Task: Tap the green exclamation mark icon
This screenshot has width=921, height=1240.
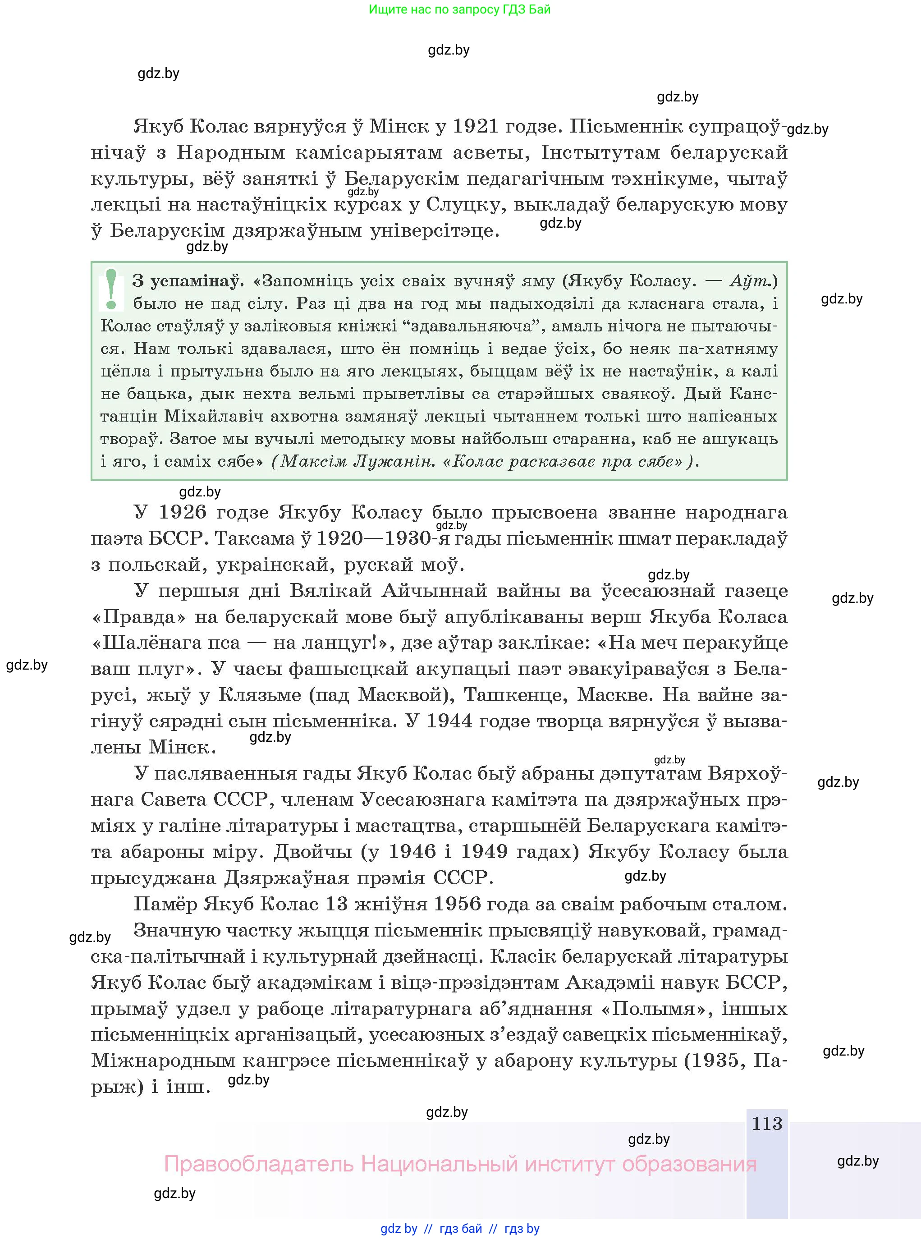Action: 111,289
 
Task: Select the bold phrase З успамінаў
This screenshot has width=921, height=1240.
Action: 188,280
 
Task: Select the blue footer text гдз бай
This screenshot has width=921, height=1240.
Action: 461,1228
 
